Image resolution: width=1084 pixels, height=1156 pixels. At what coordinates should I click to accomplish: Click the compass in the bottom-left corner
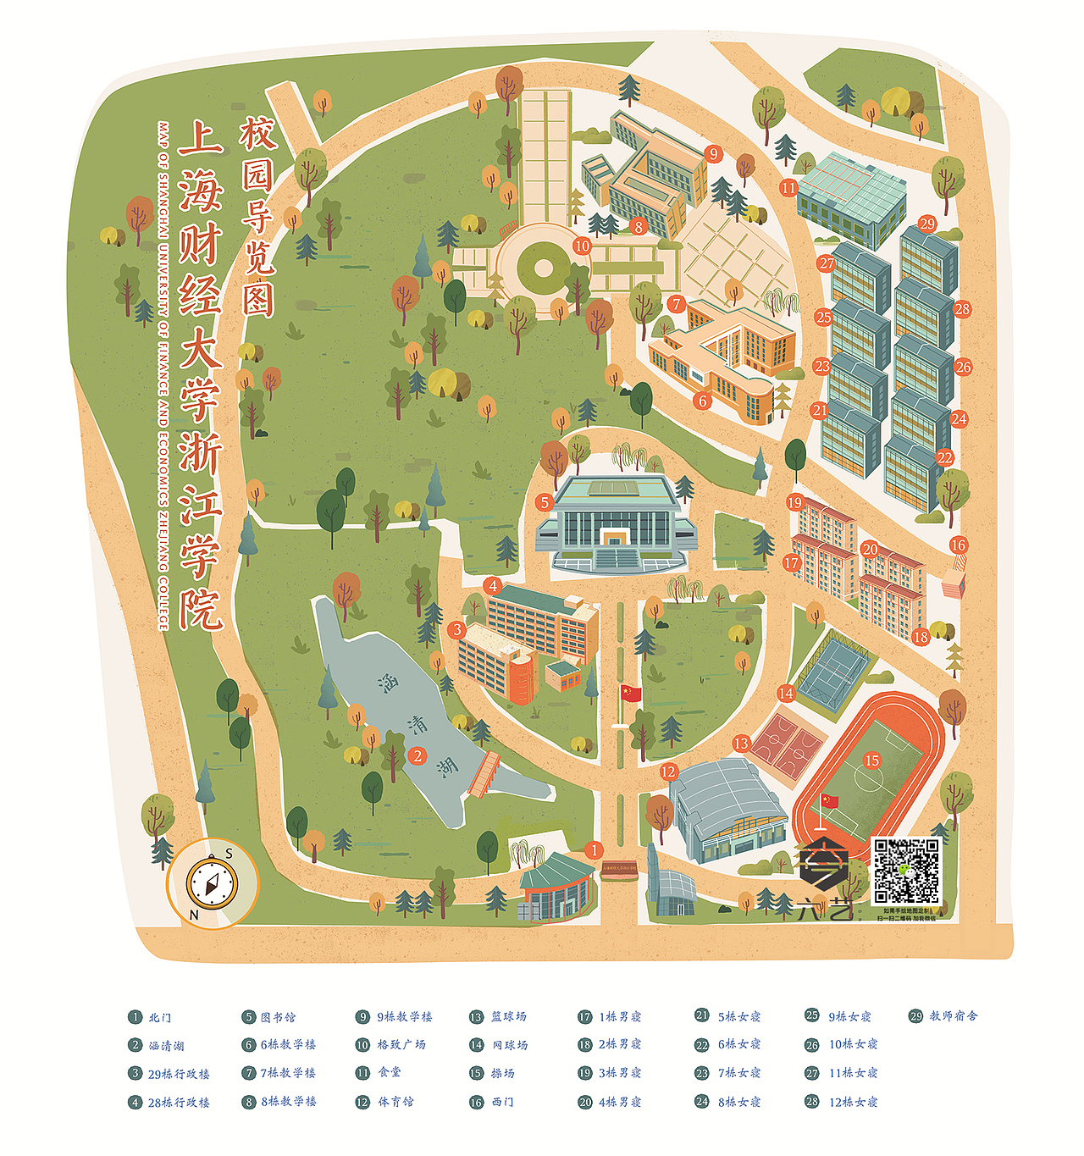211,883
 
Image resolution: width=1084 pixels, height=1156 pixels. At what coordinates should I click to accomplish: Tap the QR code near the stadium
906,871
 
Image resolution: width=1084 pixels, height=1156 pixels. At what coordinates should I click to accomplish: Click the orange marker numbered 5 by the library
545,502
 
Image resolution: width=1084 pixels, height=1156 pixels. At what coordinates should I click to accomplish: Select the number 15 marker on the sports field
871,760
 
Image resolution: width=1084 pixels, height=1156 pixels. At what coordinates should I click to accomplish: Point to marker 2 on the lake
417,756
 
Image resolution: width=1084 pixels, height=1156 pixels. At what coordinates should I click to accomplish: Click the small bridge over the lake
484,774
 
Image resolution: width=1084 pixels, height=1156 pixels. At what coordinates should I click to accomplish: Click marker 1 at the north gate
595,849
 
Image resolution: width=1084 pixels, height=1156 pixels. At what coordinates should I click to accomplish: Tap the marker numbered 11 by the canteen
788,187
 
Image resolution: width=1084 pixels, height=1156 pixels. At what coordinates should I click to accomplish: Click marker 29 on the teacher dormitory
927,224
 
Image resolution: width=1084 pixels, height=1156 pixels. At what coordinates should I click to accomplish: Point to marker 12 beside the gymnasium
669,771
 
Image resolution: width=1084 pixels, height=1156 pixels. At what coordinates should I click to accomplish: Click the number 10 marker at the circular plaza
581,246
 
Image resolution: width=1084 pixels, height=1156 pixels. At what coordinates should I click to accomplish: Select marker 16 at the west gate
958,545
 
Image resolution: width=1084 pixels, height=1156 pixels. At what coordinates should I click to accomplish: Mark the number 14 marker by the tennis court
786,693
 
